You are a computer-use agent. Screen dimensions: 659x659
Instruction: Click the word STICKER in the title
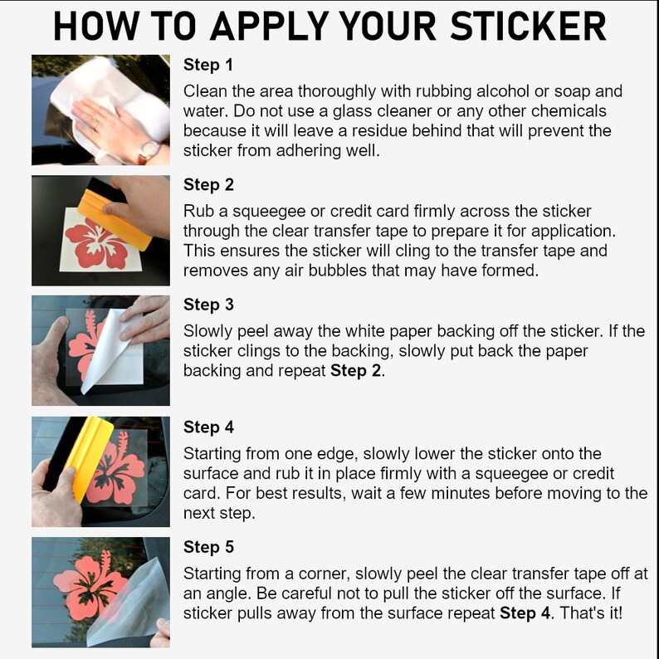pyautogui.click(x=528, y=26)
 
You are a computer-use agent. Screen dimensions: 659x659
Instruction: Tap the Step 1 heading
pyautogui.click(x=208, y=65)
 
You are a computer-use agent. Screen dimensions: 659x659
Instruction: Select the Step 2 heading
pyautogui.click(x=208, y=185)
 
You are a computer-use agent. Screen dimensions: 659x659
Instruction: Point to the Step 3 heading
pyautogui.click(x=208, y=305)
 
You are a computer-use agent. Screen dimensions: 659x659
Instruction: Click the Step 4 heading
pyautogui.click(x=208, y=427)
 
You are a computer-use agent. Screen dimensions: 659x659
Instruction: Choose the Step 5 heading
pyautogui.click(x=208, y=547)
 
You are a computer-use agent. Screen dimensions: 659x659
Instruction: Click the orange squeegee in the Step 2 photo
pyautogui.click(x=114, y=218)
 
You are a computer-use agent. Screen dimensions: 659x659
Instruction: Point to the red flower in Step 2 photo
pyautogui.click(x=95, y=247)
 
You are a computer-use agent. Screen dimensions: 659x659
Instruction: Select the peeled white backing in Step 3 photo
pyautogui.click(x=111, y=349)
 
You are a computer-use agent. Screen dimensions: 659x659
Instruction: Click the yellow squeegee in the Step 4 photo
pyautogui.click(x=89, y=458)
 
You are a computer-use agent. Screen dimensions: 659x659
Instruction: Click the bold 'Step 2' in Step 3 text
pyautogui.click(x=355, y=371)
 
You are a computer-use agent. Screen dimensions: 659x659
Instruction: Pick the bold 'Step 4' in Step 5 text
pyautogui.click(x=525, y=613)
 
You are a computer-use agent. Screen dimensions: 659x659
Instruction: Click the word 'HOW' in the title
pyautogui.click(x=96, y=26)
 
